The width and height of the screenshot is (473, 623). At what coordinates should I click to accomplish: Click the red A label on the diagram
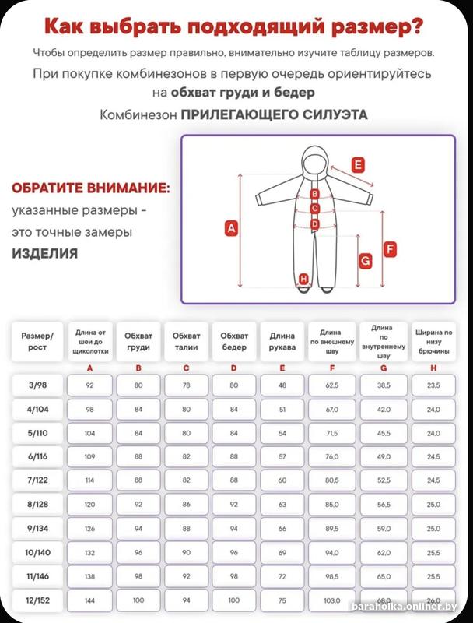229,228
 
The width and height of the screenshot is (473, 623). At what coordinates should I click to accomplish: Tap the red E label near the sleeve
357,165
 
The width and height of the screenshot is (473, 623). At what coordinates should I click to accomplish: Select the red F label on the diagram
391,249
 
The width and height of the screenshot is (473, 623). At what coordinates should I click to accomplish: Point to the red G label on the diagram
364,262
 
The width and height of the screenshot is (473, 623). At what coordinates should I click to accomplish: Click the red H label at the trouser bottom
303,279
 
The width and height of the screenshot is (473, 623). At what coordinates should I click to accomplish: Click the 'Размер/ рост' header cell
38,342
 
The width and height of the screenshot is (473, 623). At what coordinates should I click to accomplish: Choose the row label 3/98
38,385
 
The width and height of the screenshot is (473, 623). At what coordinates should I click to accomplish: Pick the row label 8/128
38,505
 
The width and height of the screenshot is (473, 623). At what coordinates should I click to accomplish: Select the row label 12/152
38,601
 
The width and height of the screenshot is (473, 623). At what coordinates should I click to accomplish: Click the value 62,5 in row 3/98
332,385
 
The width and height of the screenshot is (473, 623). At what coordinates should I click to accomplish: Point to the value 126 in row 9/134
89,529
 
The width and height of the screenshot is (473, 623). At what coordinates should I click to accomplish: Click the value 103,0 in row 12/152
332,601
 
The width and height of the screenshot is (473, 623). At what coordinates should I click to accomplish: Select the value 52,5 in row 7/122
384,480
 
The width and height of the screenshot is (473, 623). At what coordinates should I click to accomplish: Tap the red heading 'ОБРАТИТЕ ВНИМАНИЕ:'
90,189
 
